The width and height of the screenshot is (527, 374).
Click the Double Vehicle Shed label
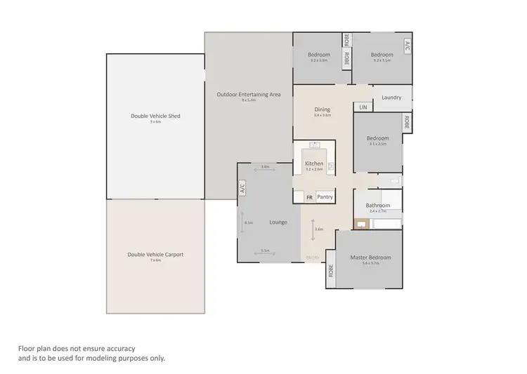155,116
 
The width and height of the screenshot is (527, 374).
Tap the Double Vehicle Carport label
155,255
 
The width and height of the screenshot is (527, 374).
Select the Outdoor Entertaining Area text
245,94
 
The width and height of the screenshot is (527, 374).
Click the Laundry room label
391,98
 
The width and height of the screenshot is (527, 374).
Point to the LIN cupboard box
363,107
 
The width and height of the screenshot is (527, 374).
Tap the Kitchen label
313,163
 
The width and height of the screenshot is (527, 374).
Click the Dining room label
322,109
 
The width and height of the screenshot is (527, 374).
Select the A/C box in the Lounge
242,187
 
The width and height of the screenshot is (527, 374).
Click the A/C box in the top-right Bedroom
407,46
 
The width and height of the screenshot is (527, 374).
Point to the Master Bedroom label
370,258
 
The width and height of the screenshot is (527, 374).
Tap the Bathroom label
377,205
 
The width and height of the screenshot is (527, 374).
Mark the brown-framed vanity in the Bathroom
362,225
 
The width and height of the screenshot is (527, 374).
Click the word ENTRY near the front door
313,258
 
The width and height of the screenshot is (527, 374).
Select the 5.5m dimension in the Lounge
265,251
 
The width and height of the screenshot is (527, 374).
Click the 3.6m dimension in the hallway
318,229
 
